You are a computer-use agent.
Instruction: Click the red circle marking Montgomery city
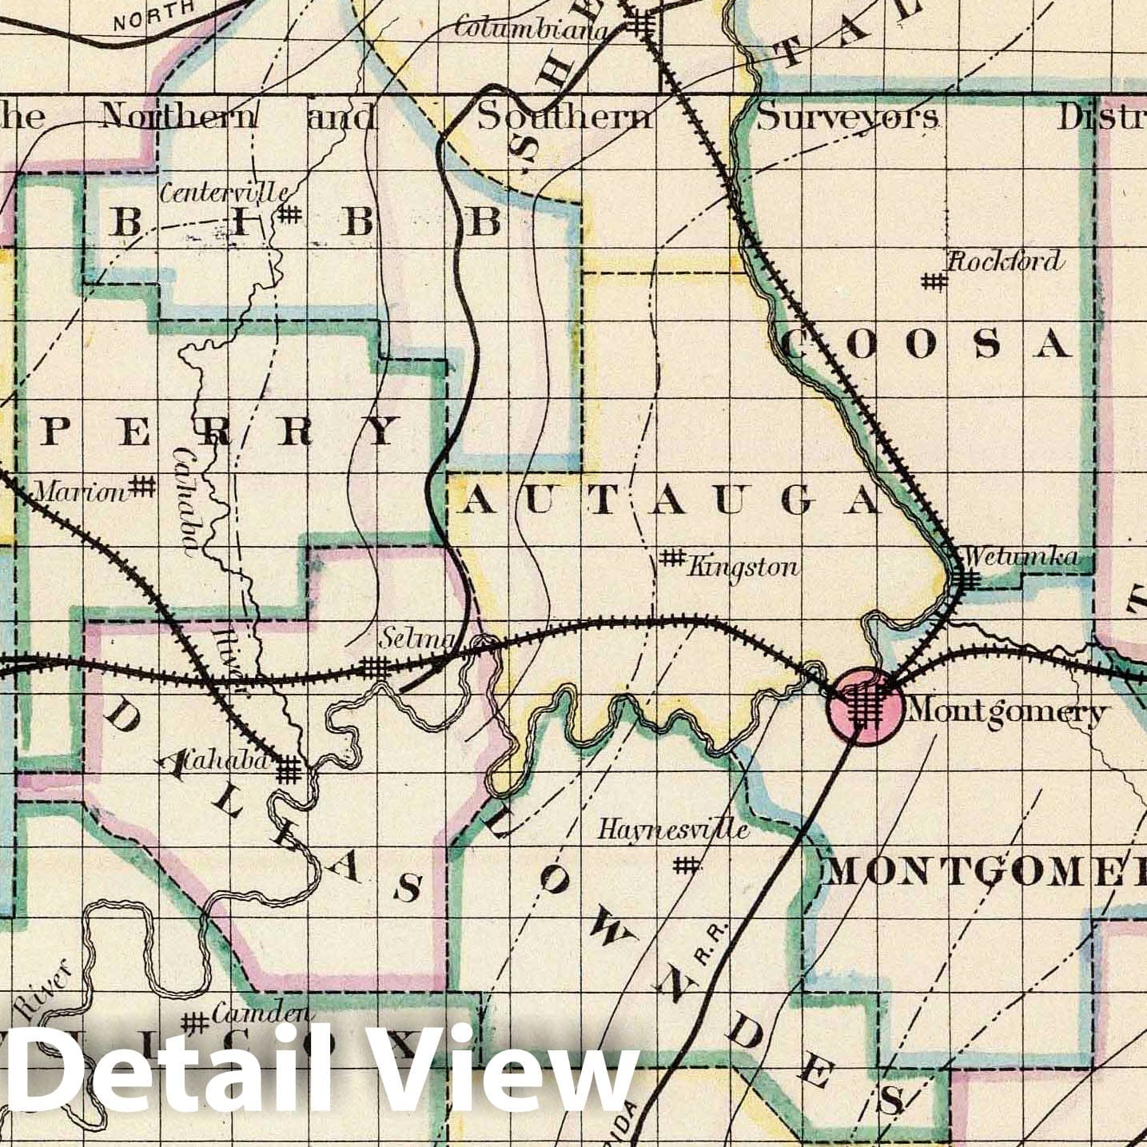866,707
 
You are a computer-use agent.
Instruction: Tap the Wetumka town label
1021,556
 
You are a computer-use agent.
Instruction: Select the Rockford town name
1006,261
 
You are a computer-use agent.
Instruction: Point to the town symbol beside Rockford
934,281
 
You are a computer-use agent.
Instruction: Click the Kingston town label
743,568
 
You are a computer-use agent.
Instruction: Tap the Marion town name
82,492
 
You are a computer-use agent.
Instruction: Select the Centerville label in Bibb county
225,192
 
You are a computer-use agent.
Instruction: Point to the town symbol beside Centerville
289,214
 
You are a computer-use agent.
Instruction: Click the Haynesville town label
673,830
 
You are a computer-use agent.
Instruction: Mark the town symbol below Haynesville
685,864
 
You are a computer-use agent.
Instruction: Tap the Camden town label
261,1013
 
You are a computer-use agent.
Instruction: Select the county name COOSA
925,344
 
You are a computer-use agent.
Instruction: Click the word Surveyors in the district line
847,117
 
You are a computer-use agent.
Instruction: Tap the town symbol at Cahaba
290,771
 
